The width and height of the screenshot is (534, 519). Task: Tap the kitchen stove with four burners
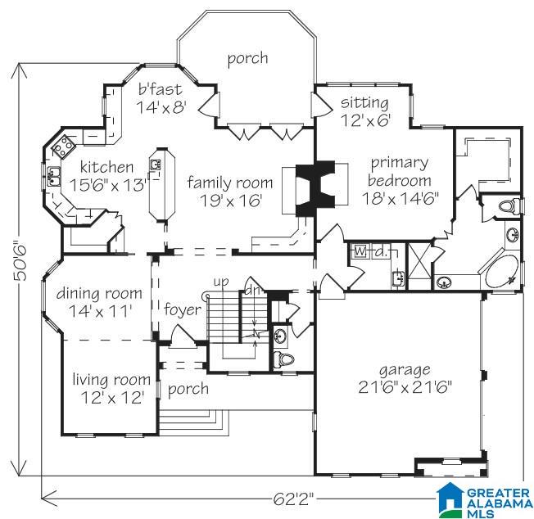click(64, 147)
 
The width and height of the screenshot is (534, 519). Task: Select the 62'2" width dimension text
click(293, 499)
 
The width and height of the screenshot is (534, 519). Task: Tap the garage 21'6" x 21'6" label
click(405, 378)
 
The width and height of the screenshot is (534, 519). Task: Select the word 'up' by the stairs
click(221, 282)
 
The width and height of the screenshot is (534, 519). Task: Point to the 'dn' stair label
click(252, 291)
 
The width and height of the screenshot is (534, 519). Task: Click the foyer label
click(183, 310)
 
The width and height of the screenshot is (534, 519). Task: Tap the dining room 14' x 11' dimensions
click(100, 311)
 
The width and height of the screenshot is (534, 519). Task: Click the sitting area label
click(364, 111)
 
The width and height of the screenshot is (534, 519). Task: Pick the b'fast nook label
click(161, 97)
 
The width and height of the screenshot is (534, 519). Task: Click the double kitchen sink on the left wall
click(53, 176)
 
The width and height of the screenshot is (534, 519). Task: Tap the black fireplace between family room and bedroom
click(315, 188)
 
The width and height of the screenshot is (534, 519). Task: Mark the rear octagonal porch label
click(247, 59)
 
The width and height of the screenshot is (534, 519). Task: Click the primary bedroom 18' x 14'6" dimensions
click(400, 198)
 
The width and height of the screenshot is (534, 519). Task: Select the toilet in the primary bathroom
click(507, 206)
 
